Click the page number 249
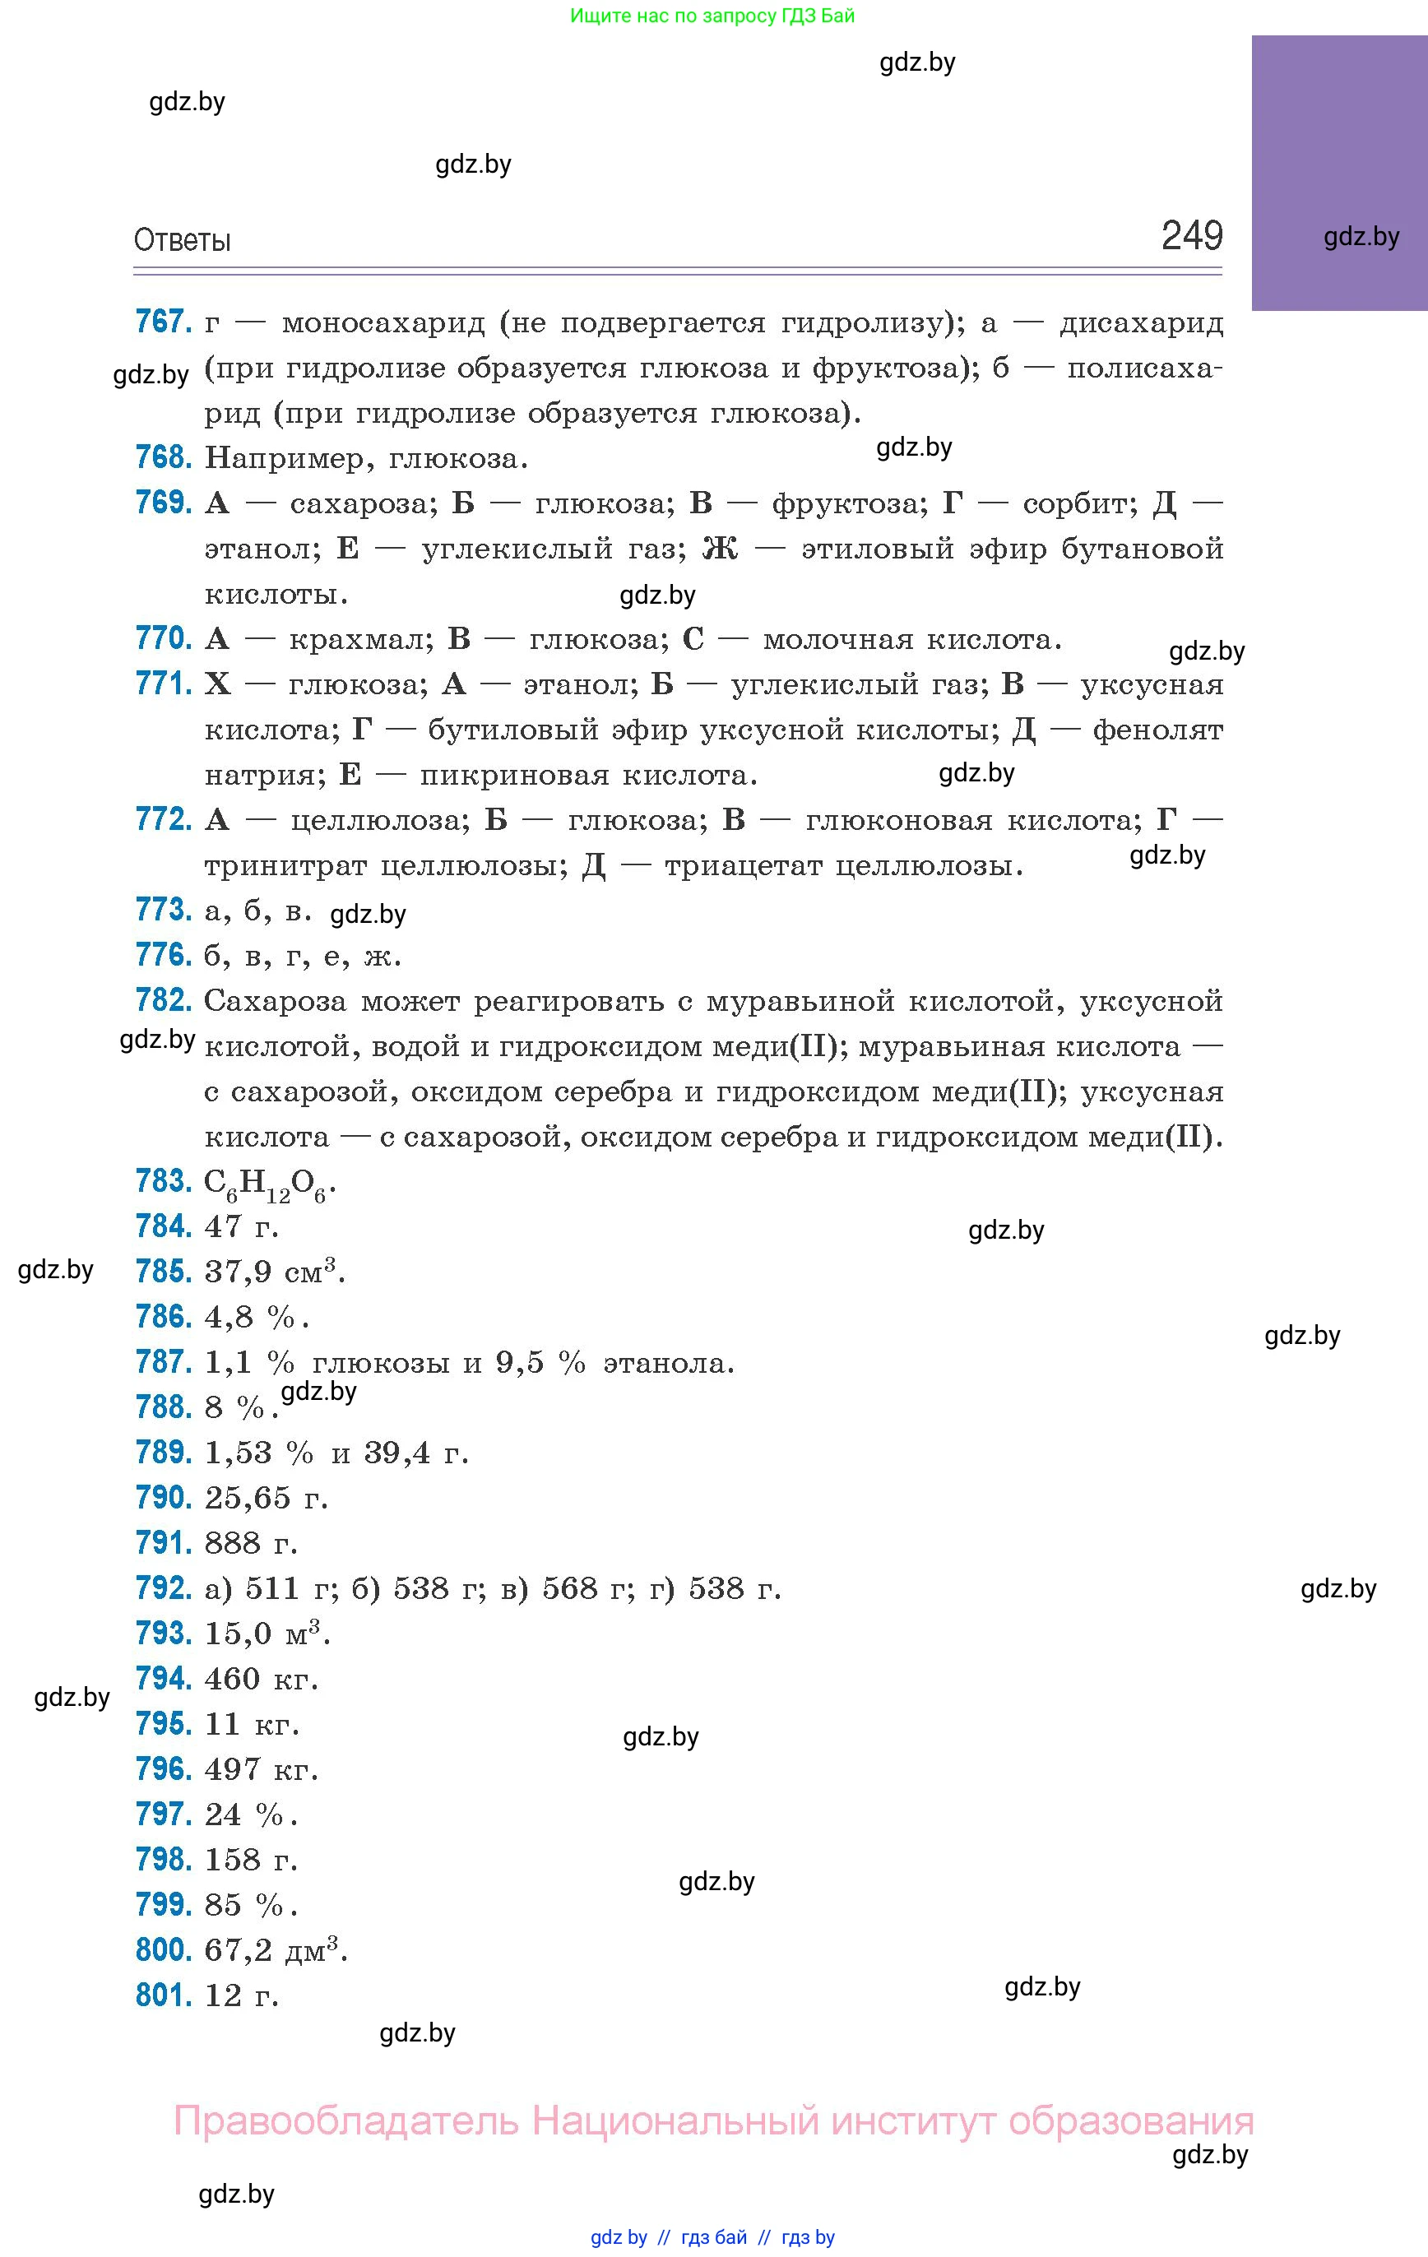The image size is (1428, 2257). [x=1192, y=235]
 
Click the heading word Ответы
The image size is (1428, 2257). [x=182, y=241]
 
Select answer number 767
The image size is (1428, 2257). [x=163, y=322]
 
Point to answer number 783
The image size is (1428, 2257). [x=163, y=1181]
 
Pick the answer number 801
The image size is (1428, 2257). [x=163, y=1995]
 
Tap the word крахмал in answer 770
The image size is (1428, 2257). [x=360, y=639]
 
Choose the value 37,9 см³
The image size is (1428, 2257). [x=275, y=1272]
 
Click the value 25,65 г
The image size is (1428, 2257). [x=267, y=1498]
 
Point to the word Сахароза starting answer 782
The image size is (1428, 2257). [x=276, y=1001]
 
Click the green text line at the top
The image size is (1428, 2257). [x=712, y=16]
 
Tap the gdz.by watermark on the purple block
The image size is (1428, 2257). [x=1361, y=237]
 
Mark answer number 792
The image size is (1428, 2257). [x=163, y=1587]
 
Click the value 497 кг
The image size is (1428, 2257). [x=262, y=1768]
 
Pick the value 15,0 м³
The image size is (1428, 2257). [x=267, y=1634]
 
